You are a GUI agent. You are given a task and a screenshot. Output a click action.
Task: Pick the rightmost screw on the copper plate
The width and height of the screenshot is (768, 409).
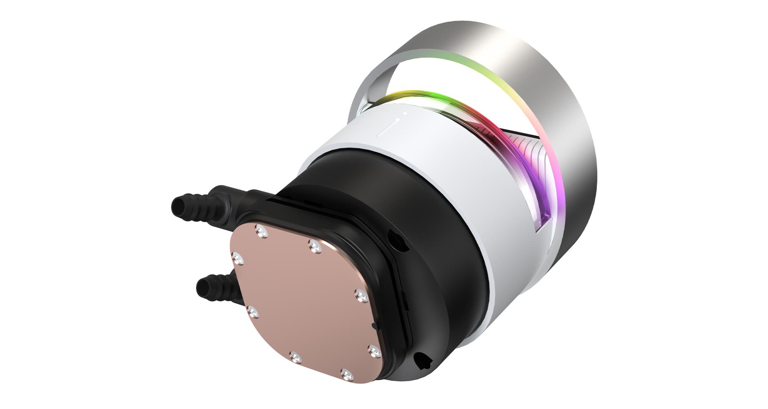372,349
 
